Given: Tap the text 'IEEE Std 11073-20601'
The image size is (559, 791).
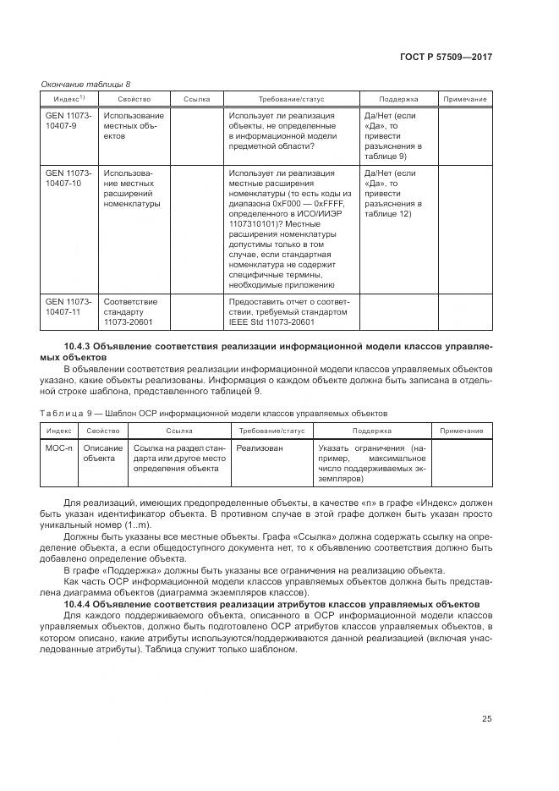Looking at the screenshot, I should (x=271, y=321).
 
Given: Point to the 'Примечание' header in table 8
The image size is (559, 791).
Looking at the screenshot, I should (x=464, y=100).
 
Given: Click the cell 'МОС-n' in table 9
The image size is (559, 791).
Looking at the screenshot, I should (x=58, y=448).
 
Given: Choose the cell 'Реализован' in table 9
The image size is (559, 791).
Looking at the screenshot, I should (x=260, y=448).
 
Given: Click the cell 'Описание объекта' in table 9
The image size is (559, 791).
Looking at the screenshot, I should (x=102, y=453).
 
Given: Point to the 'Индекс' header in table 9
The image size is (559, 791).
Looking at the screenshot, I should (x=58, y=431).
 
